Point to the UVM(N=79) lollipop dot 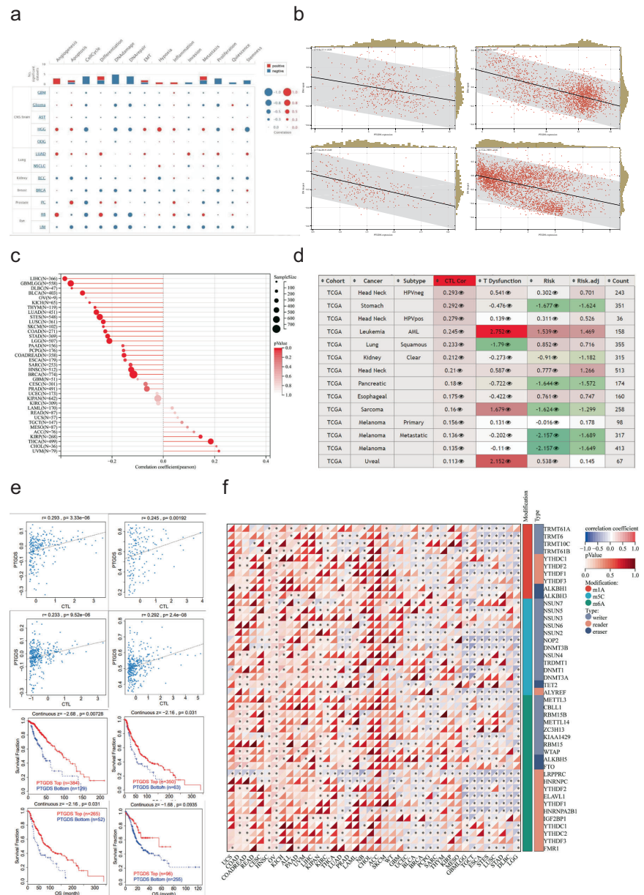(x=218, y=451)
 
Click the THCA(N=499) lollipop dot (x=211, y=441)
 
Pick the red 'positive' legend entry (x=278, y=65)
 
